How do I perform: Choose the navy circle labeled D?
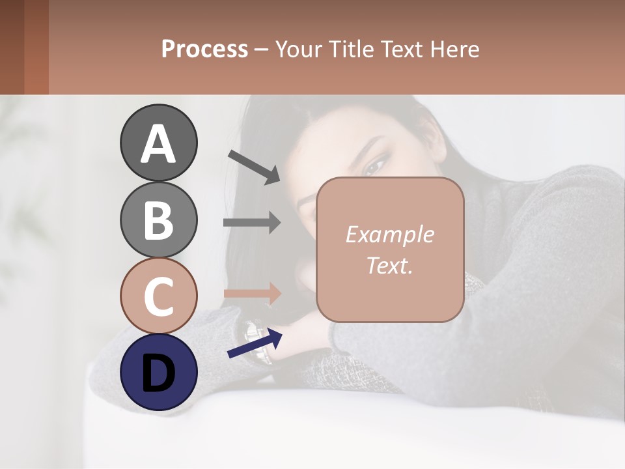(x=159, y=373)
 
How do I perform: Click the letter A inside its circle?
(x=159, y=143)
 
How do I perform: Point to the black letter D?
(x=159, y=373)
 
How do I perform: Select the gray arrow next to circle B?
(x=252, y=222)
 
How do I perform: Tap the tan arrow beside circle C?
(x=252, y=293)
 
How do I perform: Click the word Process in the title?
(x=204, y=49)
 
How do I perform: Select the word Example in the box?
(x=389, y=234)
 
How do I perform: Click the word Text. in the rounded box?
(x=389, y=265)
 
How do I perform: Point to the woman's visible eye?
(x=375, y=167)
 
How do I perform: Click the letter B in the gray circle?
(x=158, y=220)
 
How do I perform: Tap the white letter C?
(x=158, y=296)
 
